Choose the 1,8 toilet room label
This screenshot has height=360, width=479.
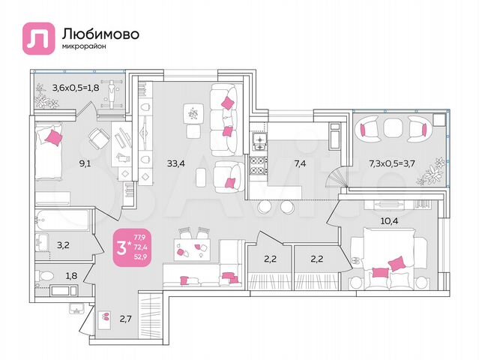point(70,277)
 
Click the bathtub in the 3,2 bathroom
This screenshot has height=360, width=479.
point(62,223)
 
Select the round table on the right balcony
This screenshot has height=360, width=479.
point(388,129)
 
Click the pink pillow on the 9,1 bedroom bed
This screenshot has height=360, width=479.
point(52,136)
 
